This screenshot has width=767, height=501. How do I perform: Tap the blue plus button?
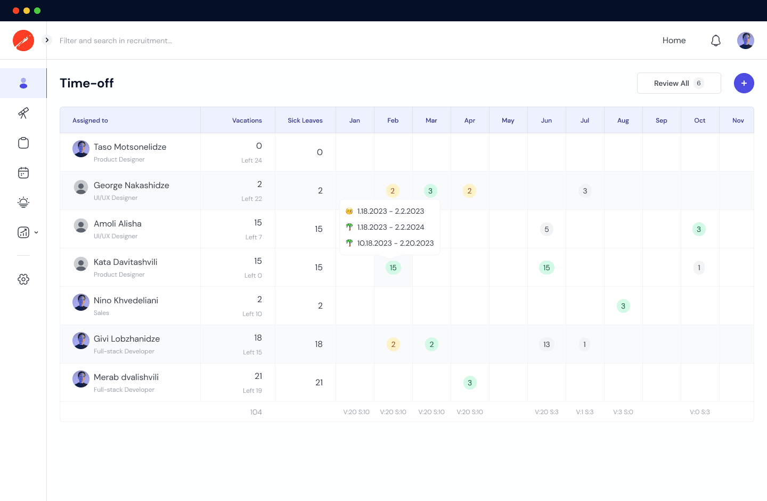(744, 83)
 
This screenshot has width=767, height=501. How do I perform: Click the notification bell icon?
(716, 41)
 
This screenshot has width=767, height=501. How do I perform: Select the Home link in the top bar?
(674, 41)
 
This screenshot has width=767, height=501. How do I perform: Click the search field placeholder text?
(116, 41)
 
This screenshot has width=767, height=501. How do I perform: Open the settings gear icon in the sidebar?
(23, 279)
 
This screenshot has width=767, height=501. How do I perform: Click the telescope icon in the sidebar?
(23, 113)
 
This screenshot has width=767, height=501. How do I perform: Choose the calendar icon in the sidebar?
(23, 173)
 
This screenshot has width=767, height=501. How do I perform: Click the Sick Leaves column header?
(305, 120)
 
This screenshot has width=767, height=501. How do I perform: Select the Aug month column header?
(623, 120)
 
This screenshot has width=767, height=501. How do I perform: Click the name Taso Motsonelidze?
(130, 147)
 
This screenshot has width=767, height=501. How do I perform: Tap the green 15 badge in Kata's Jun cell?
(546, 268)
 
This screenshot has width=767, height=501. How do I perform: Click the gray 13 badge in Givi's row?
(546, 344)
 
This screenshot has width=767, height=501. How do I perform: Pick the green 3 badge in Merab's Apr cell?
(470, 383)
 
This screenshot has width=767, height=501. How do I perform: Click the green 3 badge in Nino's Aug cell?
(623, 306)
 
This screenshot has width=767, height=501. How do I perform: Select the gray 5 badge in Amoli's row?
(546, 229)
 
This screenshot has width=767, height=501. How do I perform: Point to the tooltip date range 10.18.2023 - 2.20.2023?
(395, 243)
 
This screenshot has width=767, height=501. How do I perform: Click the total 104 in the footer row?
(256, 412)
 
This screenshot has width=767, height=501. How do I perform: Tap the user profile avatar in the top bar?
(745, 41)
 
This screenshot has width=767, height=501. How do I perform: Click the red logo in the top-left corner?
(23, 41)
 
